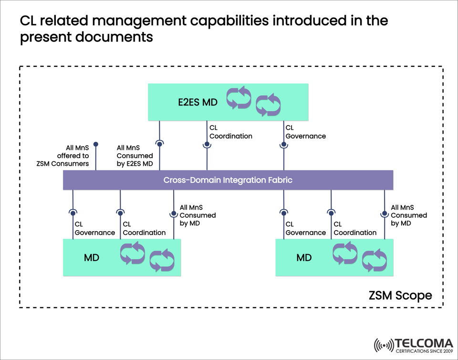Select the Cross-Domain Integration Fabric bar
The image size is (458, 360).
click(228, 180)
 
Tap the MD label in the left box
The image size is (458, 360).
click(92, 257)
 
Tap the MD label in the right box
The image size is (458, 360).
click(304, 257)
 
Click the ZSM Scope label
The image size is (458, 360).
click(400, 296)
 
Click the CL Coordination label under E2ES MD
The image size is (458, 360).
click(231, 132)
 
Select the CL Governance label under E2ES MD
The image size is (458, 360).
click(305, 132)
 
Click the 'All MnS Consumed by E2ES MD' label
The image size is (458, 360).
click(135, 156)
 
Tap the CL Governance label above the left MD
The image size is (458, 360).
click(94, 228)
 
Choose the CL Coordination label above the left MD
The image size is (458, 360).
click(144, 228)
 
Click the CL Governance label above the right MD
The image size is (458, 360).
click(305, 228)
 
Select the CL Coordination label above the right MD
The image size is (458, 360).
click(355, 228)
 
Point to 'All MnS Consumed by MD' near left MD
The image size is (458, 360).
click(198, 215)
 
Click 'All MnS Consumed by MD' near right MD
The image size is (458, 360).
click(409, 215)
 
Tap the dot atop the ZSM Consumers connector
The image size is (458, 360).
click(96, 144)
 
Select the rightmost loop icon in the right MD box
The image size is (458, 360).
click(374, 260)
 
